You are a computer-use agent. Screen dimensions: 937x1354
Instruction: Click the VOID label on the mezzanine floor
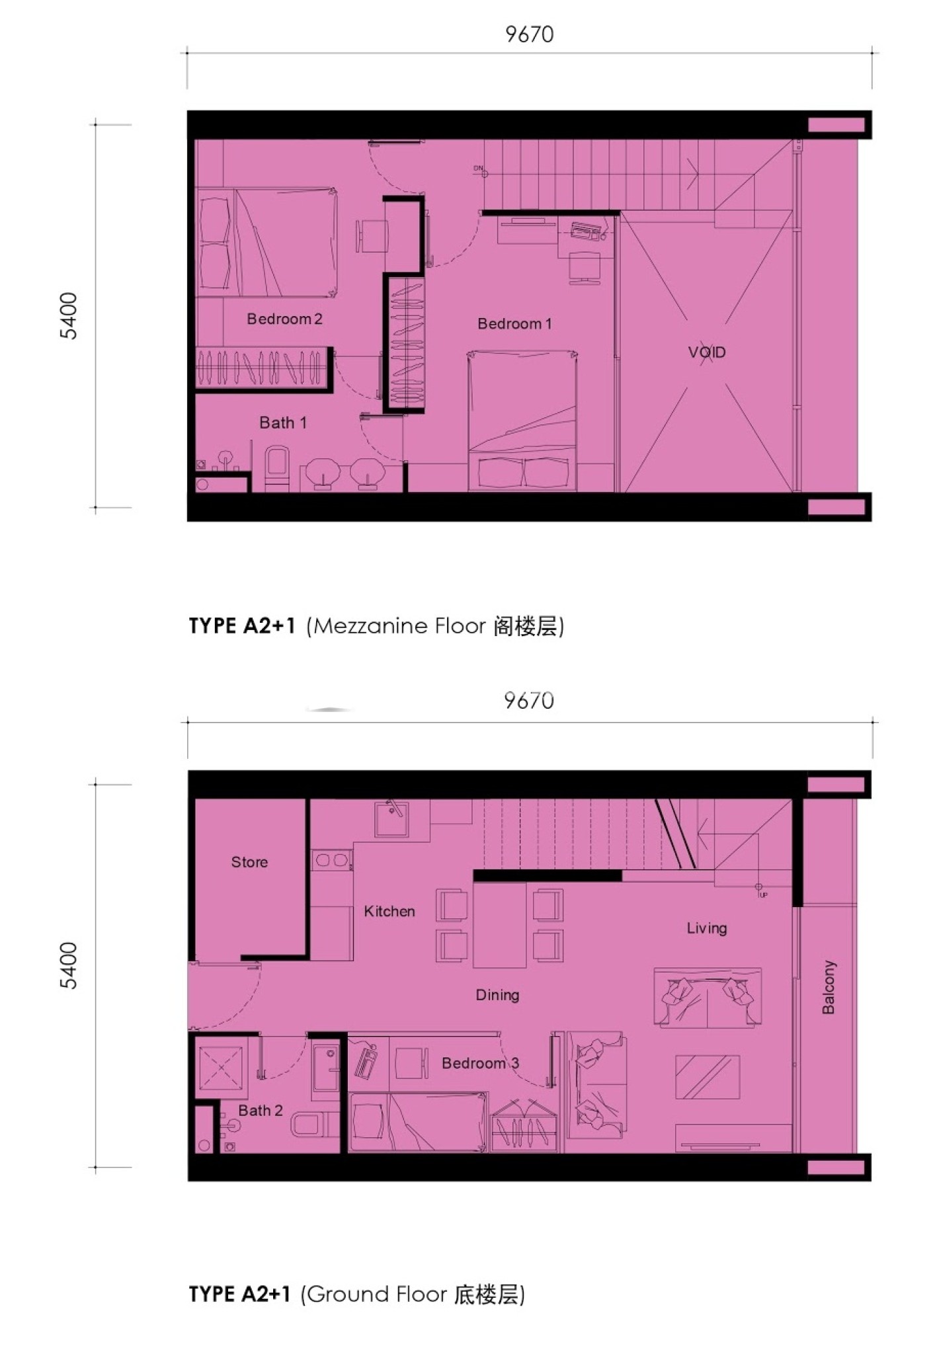(707, 352)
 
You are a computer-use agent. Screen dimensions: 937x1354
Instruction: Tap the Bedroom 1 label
(514, 324)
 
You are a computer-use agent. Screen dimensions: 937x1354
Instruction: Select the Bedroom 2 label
(284, 319)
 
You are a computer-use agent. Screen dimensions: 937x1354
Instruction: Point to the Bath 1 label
(283, 423)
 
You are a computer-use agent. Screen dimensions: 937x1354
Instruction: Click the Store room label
(249, 862)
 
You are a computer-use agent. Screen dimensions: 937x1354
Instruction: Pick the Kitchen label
(389, 911)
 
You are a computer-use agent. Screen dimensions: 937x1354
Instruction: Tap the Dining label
(497, 995)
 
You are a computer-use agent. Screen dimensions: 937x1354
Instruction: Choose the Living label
(707, 928)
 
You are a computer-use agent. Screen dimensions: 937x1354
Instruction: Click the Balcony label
(829, 988)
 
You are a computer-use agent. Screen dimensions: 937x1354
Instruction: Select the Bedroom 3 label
(480, 1063)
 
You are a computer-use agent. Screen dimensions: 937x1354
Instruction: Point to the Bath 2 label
(261, 1111)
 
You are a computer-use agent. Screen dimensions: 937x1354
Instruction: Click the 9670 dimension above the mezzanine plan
(529, 34)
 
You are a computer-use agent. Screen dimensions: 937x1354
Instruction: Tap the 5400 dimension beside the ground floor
(69, 966)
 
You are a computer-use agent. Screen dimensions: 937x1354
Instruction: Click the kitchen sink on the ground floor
(391, 819)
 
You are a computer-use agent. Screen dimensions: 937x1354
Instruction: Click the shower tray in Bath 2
(221, 1068)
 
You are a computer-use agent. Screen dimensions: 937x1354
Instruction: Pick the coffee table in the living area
(707, 1078)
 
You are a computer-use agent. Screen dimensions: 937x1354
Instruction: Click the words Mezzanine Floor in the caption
(399, 625)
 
